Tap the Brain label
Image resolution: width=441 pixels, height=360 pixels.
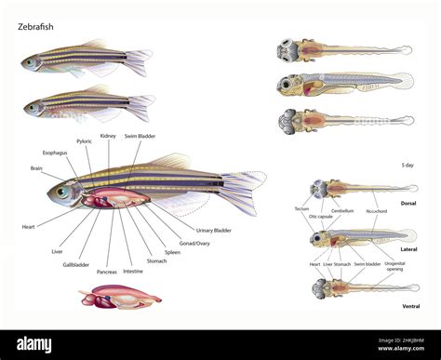click(36, 168)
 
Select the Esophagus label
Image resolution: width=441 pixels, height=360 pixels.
click(55, 153)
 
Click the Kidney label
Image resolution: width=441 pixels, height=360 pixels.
click(108, 136)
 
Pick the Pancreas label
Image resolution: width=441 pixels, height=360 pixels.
click(106, 272)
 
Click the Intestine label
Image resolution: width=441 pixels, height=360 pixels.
click(133, 272)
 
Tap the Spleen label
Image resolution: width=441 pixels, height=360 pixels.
click(172, 252)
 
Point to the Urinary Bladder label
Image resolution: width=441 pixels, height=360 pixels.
click(214, 230)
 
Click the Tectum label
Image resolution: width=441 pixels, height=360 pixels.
click(302, 209)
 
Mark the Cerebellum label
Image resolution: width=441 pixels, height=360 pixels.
click(343, 210)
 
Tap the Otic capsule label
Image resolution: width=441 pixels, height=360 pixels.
click(319, 217)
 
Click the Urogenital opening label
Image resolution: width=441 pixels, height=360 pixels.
click(394, 268)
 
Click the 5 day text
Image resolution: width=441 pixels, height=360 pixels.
click(408, 165)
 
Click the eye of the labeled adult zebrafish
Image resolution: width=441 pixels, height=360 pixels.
click(62, 193)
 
